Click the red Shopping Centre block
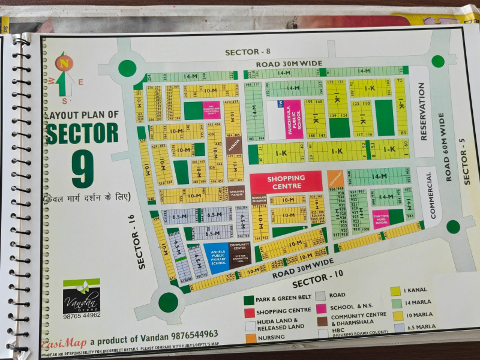pyautogui.click(x=286, y=181)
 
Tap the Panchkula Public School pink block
pyautogui.click(x=293, y=119)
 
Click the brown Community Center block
pyautogui.click(x=239, y=253)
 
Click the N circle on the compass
pyautogui.click(x=64, y=62)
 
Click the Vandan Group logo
pyautogui.click(x=82, y=295)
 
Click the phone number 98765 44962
pyautogui.click(x=82, y=315)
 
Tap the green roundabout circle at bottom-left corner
pyautogui.click(x=168, y=301)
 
